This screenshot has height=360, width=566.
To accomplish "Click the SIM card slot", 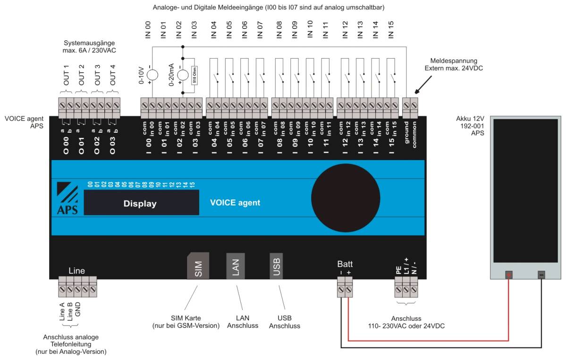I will (x=198, y=266).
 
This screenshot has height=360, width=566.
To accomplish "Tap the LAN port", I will (x=236, y=266).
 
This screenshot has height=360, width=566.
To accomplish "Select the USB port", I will (x=276, y=266).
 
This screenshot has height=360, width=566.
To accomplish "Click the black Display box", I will (x=141, y=203).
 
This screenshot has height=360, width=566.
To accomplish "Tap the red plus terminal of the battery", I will (x=509, y=274).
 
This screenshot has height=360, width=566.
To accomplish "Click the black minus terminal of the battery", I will (x=541, y=274).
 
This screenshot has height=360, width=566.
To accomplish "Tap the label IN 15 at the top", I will (x=391, y=29).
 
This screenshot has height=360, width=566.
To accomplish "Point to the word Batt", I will (x=345, y=264).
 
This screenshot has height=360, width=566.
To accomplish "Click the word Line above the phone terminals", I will (x=77, y=271).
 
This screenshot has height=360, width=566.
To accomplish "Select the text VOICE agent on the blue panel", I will (x=235, y=203).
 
